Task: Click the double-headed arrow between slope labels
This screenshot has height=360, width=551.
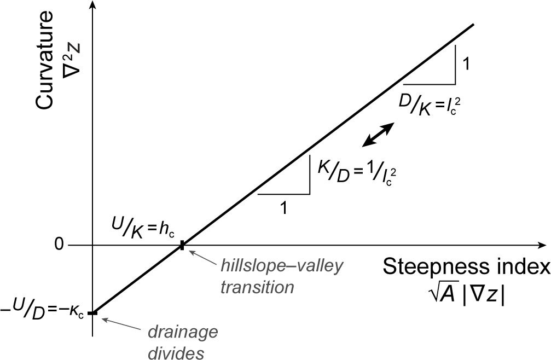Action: pyautogui.click(x=378, y=135)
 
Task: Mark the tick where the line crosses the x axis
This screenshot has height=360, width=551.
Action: pyautogui.click(x=182, y=246)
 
